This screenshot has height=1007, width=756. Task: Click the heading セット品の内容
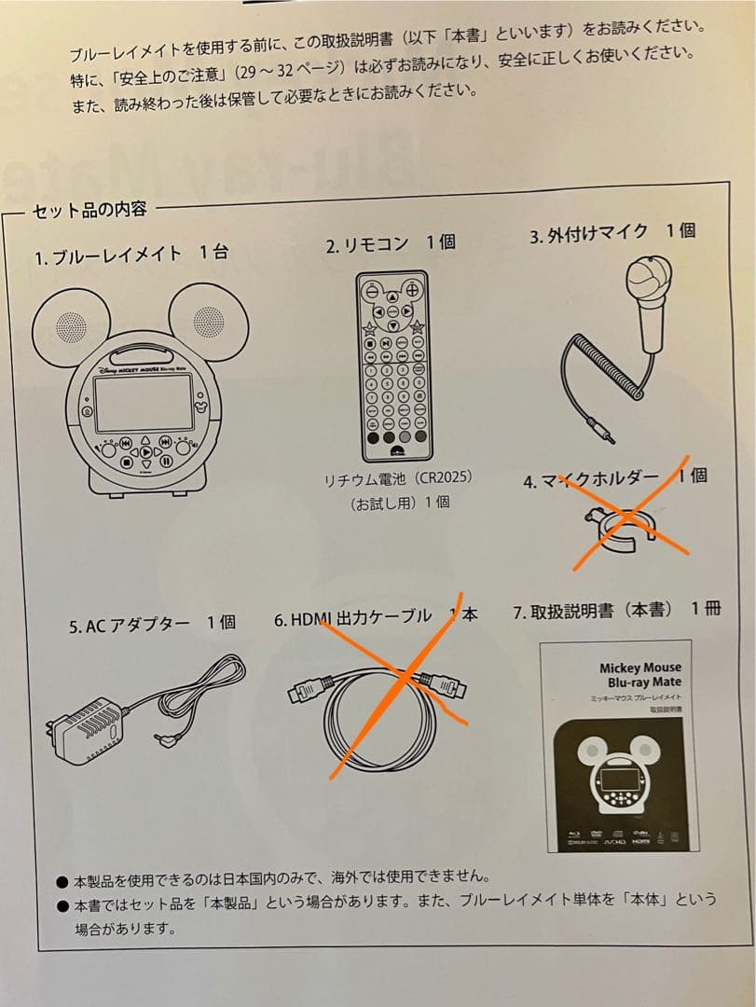click(89, 210)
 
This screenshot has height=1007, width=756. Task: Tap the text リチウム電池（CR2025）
click(399, 477)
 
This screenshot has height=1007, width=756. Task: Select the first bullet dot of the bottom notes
click(62, 880)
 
